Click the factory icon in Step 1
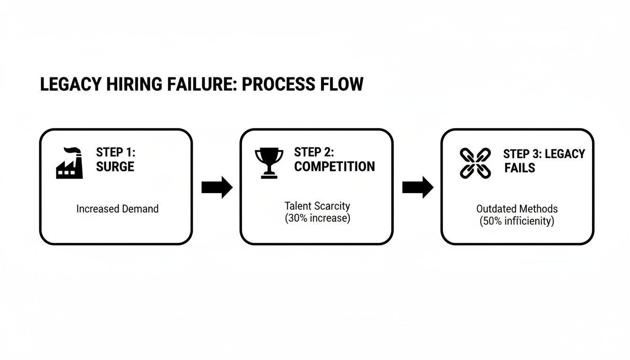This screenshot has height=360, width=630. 69,163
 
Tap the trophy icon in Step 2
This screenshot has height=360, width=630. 269,163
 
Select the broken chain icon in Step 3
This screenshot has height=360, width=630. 475,163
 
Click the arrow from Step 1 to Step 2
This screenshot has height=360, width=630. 217,187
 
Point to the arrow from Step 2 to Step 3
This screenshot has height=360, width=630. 418,187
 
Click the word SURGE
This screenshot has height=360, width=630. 115,167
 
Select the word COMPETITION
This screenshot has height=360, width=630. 334,166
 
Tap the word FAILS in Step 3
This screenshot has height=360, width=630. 519,168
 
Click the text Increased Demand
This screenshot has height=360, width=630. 117,209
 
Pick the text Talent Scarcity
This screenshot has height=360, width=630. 317,206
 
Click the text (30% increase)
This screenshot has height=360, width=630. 317,218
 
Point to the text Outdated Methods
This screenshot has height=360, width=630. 517,209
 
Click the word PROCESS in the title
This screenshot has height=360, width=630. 273,84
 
